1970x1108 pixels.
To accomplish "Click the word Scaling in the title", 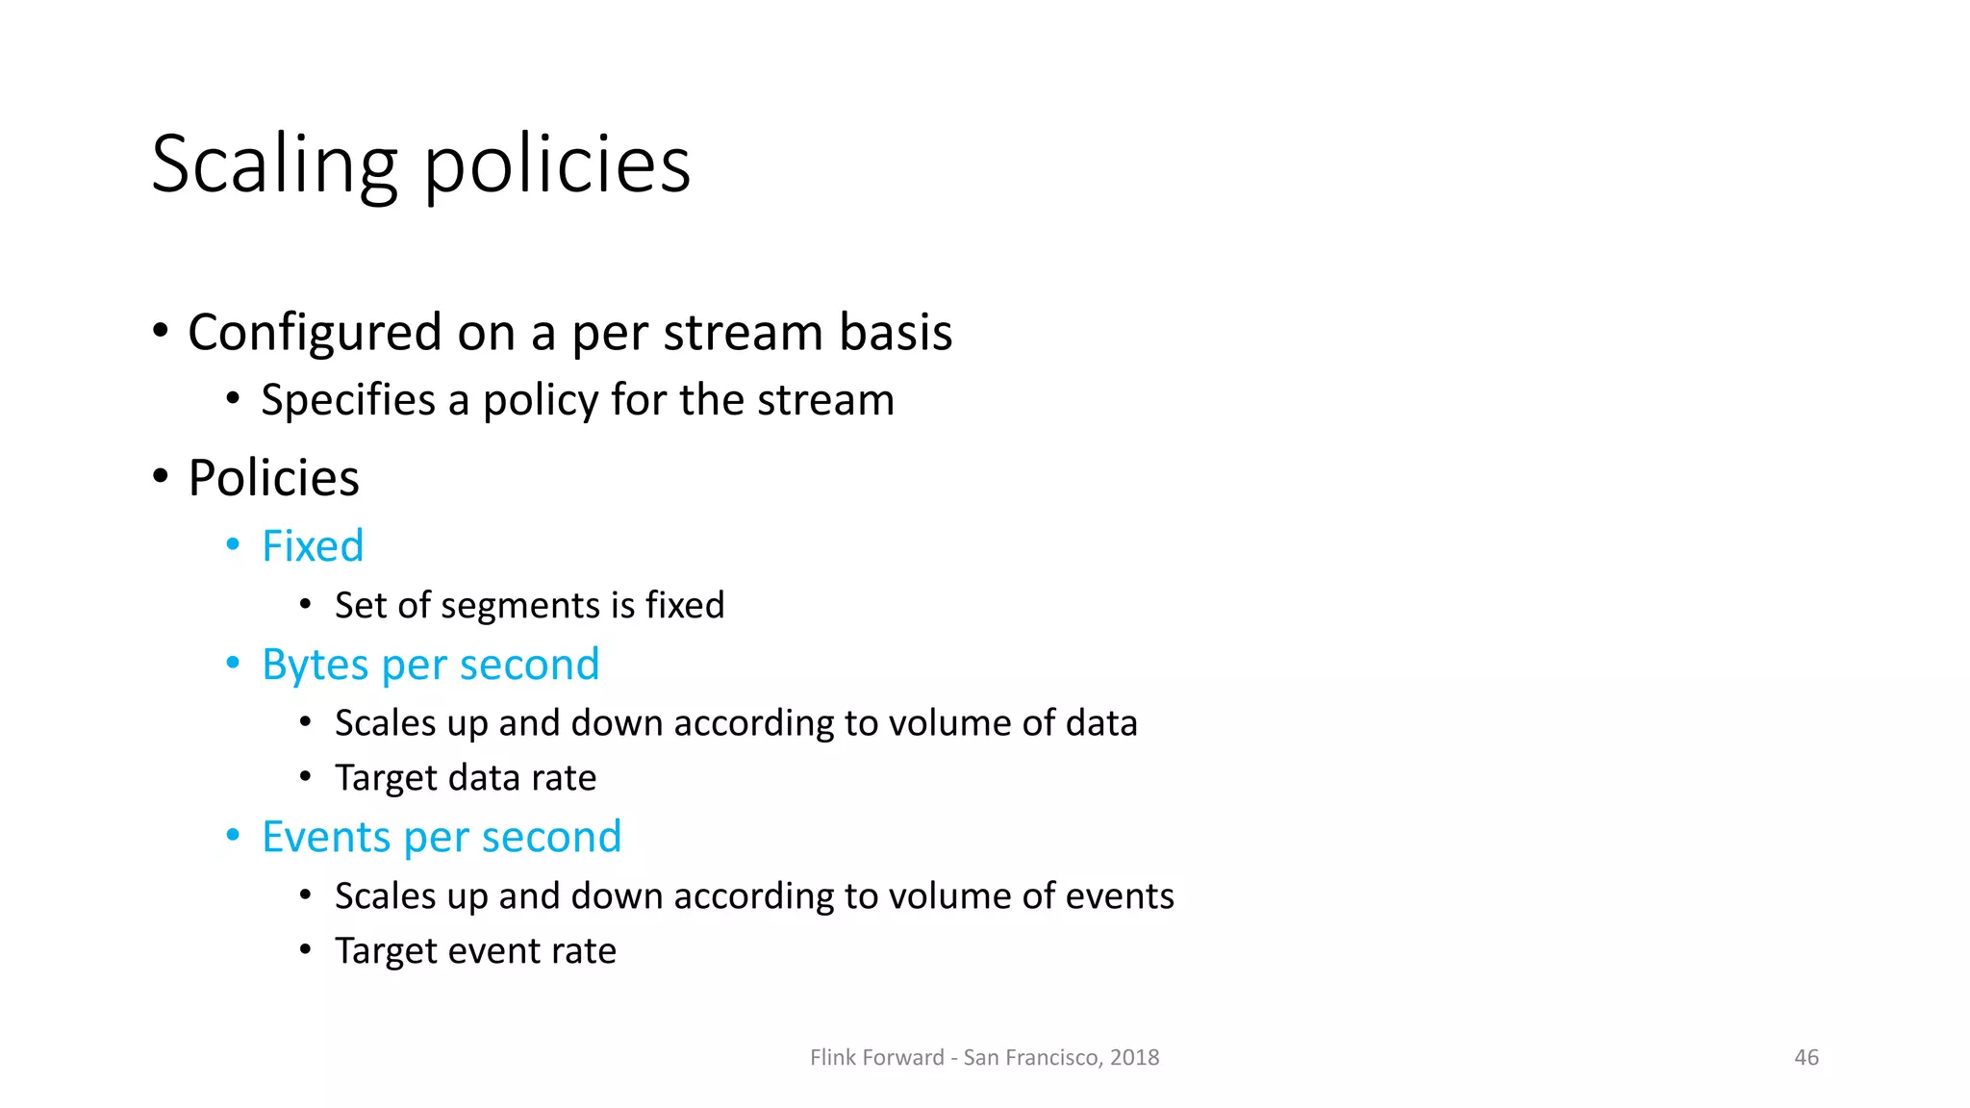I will [x=274, y=165].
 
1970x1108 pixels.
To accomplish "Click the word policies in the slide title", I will [x=557, y=165].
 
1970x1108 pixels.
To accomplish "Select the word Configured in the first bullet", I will [x=314, y=333].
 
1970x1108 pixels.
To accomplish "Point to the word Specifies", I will [x=348, y=400].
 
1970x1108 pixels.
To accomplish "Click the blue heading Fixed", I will [x=313, y=546].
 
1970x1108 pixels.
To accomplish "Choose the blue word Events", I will [x=325, y=838].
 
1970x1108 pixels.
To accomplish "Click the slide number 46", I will [x=1806, y=1058].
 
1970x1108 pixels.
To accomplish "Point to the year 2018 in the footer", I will [x=1134, y=1058].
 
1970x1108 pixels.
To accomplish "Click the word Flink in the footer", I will [x=833, y=1058].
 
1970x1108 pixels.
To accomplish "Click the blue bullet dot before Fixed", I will [x=233, y=545].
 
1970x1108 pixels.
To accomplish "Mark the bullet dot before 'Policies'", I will [x=161, y=476].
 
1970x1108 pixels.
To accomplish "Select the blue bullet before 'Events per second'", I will [x=233, y=836].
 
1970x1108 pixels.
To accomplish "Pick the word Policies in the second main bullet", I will [x=273, y=478].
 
